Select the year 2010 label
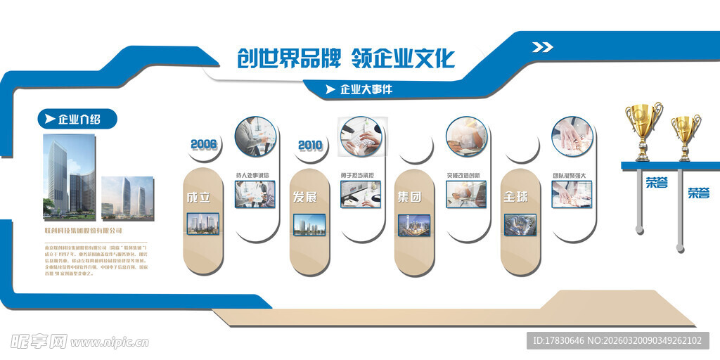[x=309, y=146]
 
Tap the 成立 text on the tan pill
[x=198, y=197]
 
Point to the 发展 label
[x=304, y=197]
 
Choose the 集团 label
[x=409, y=197]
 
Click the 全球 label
[x=515, y=197]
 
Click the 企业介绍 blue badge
[x=77, y=119]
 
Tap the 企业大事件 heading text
[x=366, y=89]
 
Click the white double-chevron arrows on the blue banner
[x=542, y=47]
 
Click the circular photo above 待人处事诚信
[x=255, y=136]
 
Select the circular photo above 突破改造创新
[x=466, y=136]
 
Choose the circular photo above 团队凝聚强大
[x=572, y=136]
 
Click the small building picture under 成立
[x=202, y=224]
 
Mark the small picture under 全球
[x=520, y=224]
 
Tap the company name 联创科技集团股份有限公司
[x=83, y=230]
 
